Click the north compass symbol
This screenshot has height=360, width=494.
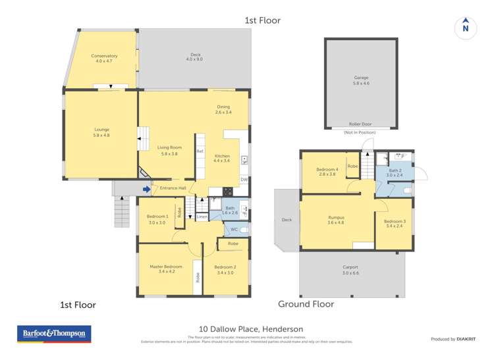tap(465, 27)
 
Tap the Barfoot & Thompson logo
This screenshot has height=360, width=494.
tap(54, 334)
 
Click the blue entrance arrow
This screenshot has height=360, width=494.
tap(146, 190)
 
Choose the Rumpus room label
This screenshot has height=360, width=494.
tap(337, 219)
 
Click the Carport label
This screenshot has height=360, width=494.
tap(350, 267)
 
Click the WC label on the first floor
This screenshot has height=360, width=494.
tap(234, 230)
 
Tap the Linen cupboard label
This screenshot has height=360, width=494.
tap(202, 217)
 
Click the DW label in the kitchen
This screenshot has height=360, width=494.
tap(243, 179)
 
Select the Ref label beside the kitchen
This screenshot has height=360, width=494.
tap(200, 151)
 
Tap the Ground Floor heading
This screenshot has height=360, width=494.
tap(306, 304)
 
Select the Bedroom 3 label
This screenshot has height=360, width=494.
tap(395, 223)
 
